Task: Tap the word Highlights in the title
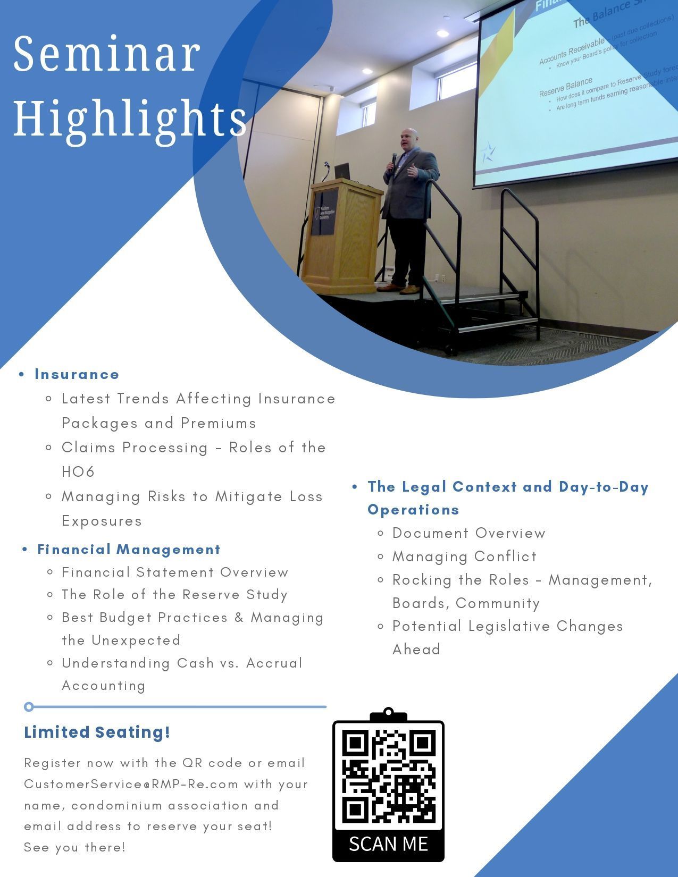[x=130, y=118]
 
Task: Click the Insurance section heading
[x=77, y=374]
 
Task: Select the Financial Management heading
[x=129, y=549]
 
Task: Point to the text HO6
[x=78, y=471]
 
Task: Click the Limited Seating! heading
[x=97, y=732]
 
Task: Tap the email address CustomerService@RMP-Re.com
[x=131, y=784]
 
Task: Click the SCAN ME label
[x=388, y=844]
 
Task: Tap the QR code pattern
[x=388, y=775]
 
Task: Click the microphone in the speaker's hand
[x=394, y=158]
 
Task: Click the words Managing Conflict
[x=464, y=556]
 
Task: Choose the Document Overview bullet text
[x=468, y=533]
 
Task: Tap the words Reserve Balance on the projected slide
[x=566, y=87]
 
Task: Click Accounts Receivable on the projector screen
[x=572, y=51]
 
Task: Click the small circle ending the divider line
[x=29, y=706]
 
